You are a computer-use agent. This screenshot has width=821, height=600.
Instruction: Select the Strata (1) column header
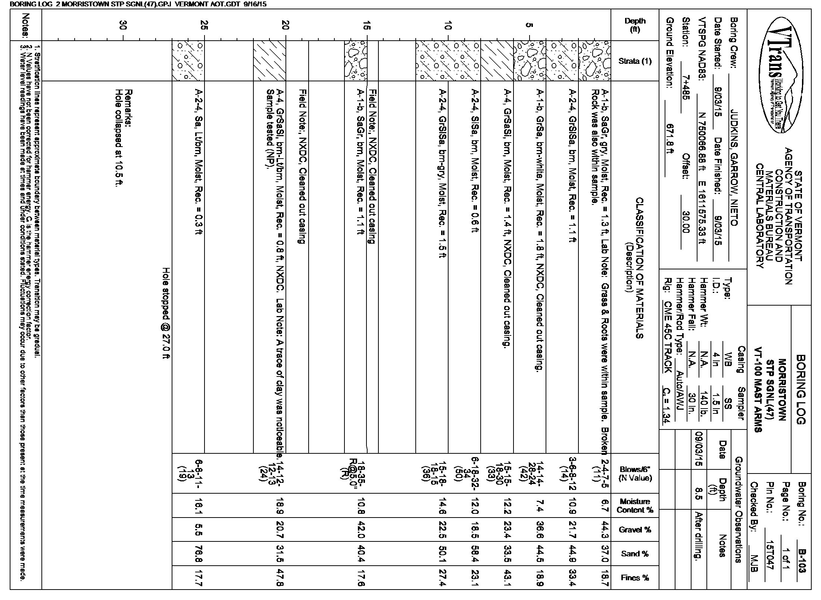635,61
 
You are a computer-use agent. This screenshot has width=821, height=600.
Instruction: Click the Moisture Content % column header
635,506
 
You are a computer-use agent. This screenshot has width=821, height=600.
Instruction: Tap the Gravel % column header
635,529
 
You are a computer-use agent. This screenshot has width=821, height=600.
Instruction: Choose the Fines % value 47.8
286,577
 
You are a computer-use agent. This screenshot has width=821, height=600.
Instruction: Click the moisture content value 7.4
539,506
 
